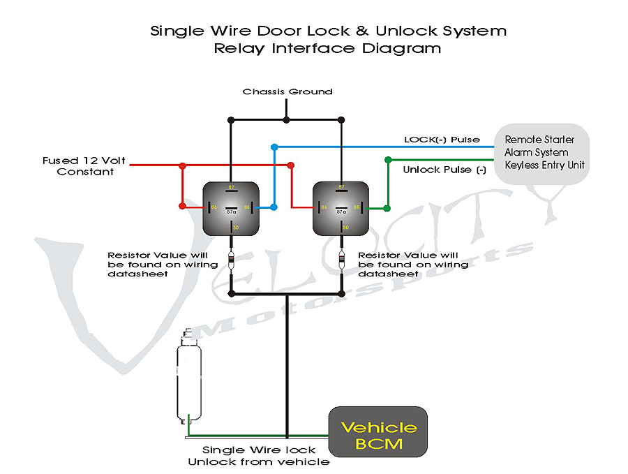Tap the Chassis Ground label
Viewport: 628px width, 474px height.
point(287,91)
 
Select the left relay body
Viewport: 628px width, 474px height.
point(231,207)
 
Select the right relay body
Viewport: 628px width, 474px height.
point(341,207)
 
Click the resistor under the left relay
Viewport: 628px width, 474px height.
point(232,262)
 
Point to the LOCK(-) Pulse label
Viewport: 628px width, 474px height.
point(442,140)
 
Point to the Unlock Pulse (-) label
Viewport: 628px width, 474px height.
point(444,170)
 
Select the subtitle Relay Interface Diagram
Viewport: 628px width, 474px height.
point(327,49)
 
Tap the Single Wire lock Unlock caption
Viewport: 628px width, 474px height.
point(259,456)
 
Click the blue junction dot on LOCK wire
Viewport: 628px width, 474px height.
point(274,147)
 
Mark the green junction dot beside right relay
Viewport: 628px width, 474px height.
point(387,207)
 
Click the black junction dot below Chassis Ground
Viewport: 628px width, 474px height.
point(287,120)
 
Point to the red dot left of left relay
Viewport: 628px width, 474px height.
point(182,207)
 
